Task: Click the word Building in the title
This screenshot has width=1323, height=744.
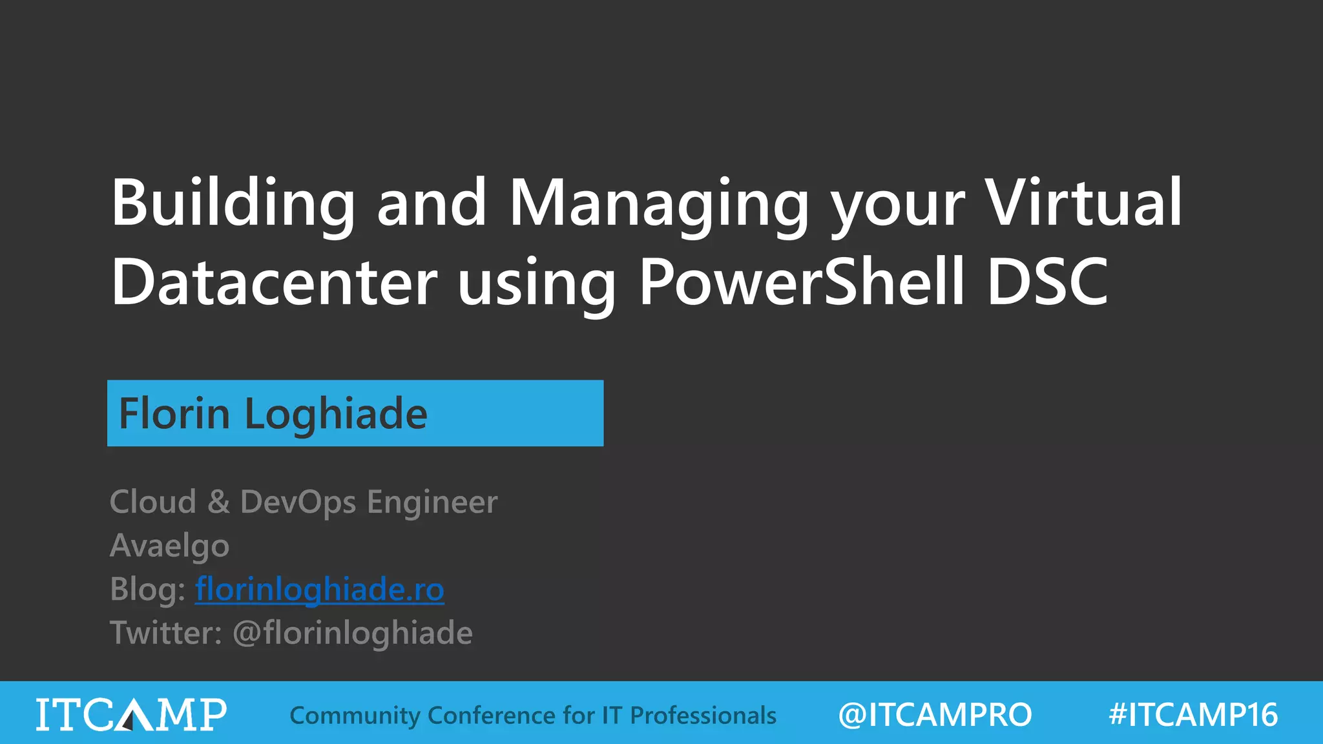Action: click(233, 203)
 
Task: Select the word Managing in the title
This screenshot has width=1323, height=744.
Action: click(659, 203)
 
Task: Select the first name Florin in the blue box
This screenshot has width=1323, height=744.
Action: click(174, 414)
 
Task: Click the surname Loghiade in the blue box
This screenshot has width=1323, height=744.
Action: click(336, 414)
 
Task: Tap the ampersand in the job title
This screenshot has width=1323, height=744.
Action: click(218, 502)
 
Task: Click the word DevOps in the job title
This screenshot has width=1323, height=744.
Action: click(298, 502)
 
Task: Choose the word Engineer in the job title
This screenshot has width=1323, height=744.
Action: click(432, 502)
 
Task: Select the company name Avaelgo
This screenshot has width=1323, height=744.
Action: click(169, 546)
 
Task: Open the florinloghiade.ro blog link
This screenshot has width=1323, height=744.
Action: click(320, 590)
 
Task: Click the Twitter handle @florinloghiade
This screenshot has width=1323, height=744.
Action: click(353, 633)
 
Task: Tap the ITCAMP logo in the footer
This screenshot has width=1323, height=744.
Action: click(131, 714)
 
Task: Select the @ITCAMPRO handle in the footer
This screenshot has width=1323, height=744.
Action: click(935, 715)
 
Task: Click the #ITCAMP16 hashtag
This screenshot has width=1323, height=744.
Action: click(1193, 715)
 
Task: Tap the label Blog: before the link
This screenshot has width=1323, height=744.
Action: click(148, 590)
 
